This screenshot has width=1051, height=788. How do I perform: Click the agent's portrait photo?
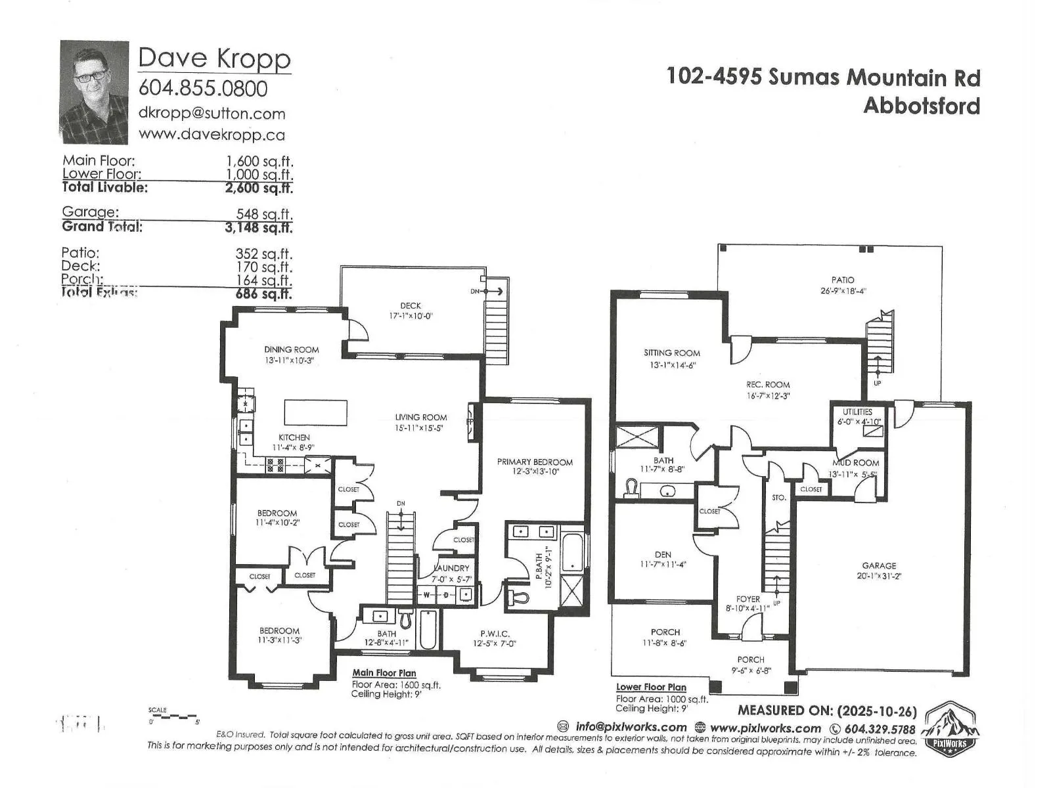[94, 92]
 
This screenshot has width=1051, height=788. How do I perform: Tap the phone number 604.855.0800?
[203, 88]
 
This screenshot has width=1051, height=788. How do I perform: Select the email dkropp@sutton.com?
[212, 113]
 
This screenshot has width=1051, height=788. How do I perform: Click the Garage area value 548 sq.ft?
[264, 214]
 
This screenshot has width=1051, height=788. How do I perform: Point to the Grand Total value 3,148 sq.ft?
[258, 227]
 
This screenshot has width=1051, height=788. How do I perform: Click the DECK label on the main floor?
[411, 305]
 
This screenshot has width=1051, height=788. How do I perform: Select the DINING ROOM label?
[291, 349]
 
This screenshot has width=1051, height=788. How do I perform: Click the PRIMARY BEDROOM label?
[535, 462]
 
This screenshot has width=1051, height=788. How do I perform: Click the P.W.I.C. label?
[495, 634]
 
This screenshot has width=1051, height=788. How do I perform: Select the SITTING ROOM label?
[671, 353]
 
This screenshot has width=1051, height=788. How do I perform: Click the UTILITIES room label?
[857, 412]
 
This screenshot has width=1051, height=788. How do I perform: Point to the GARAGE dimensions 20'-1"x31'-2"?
[879, 576]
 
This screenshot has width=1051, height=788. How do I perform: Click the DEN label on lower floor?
[663, 554]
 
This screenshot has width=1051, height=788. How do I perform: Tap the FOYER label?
[748, 599]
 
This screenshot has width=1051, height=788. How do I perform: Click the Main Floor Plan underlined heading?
[384, 672]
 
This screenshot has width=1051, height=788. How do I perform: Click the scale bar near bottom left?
[174, 717]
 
